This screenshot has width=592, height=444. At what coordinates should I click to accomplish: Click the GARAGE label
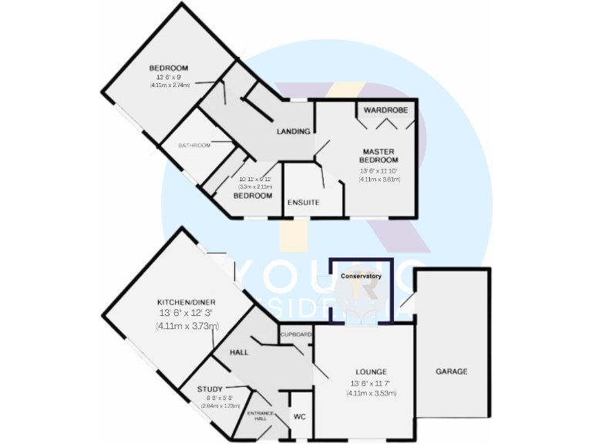point(451,372)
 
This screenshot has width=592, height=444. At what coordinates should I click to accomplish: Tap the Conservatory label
point(362,276)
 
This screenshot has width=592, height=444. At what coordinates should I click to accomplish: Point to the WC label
point(300,416)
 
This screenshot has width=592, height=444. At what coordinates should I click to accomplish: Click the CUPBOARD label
point(296,335)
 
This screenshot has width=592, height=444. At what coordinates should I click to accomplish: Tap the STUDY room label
point(209,389)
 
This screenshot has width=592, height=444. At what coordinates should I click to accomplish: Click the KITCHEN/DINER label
point(186,301)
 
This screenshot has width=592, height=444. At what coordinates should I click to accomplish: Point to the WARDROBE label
point(385,111)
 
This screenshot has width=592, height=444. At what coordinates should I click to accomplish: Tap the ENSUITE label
point(303,203)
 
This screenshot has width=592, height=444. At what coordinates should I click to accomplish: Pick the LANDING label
point(294,132)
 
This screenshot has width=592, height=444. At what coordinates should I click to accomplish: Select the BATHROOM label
point(194,146)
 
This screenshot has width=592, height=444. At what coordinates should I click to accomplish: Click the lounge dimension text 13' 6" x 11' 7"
point(372,384)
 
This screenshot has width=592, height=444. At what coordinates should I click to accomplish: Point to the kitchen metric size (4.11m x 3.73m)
point(187,327)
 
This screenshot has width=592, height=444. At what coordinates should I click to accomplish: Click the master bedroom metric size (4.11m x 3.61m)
point(378,180)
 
